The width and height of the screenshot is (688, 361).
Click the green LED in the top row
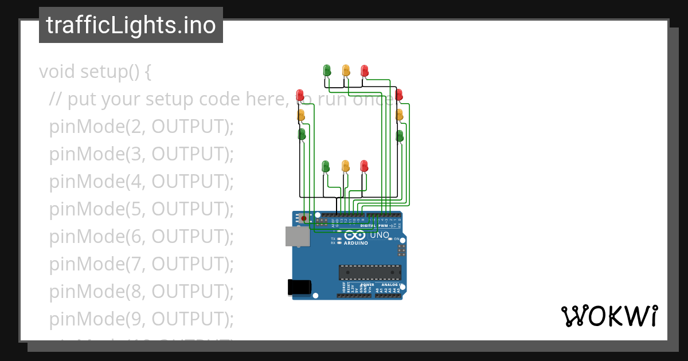click(x=327, y=70)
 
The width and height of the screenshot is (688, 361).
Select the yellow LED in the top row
click(x=346, y=70)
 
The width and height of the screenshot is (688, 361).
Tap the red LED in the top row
click(x=365, y=70)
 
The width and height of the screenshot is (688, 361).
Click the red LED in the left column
click(x=300, y=95)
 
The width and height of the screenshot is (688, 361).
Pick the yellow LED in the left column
click(x=301, y=115)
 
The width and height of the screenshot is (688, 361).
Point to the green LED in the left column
click(x=302, y=134)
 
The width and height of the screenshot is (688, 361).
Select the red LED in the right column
click(x=399, y=95)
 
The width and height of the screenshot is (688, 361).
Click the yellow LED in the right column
click(x=400, y=115)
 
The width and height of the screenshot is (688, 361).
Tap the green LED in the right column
click(x=400, y=136)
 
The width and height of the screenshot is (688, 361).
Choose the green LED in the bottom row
click(x=326, y=166)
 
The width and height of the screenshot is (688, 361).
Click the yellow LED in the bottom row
click(x=345, y=166)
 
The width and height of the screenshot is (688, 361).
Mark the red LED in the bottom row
click(x=364, y=166)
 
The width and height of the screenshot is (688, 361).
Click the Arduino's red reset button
click(x=303, y=218)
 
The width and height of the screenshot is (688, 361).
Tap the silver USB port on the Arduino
click(x=297, y=236)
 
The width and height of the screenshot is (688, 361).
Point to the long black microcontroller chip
click(x=369, y=272)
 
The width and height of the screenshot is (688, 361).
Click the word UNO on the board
click(x=380, y=235)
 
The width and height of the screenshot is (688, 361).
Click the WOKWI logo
click(x=609, y=316)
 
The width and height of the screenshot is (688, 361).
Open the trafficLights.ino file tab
click(x=131, y=25)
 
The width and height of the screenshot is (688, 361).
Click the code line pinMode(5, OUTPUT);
click(x=142, y=209)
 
